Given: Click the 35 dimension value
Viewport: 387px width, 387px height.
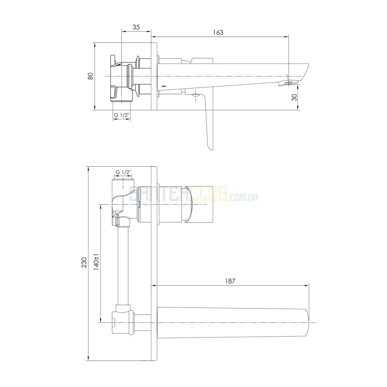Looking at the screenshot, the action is [x=136, y=27].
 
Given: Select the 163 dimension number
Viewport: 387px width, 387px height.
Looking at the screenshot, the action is [x=218, y=33].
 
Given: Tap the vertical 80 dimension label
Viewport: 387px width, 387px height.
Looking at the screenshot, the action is [x=91, y=76].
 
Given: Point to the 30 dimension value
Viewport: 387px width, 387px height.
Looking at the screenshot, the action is [x=294, y=98].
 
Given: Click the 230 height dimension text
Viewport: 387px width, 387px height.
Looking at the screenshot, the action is [x=84, y=263].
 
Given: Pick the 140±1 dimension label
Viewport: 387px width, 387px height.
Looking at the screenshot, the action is [x=96, y=262].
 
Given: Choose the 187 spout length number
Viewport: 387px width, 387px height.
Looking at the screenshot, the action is [x=230, y=281].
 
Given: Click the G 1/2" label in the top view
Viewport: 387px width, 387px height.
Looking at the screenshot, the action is [x=122, y=115].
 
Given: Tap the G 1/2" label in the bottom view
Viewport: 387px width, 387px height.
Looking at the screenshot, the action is [x=123, y=172].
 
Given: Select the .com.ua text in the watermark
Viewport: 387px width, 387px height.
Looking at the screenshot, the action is [x=243, y=197].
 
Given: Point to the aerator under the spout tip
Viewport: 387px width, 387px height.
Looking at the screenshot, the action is [x=288, y=83].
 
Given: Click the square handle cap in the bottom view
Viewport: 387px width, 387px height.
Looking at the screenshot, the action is [x=199, y=205].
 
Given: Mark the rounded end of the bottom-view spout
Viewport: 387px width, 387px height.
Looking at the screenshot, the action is [x=307, y=323].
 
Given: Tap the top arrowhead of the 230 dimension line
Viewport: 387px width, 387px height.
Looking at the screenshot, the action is [x=88, y=169].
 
